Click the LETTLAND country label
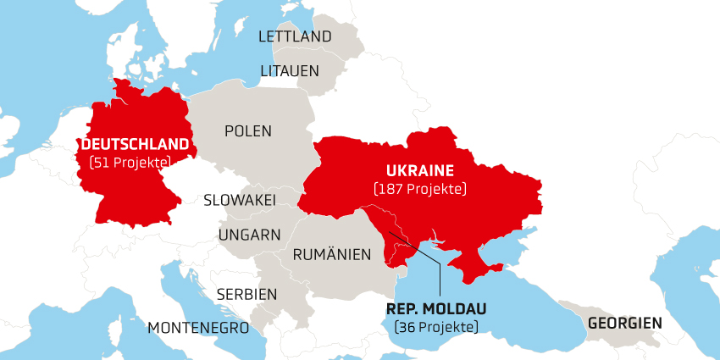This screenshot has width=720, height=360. (x=295, y=36)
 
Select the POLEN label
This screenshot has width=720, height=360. (x=248, y=131)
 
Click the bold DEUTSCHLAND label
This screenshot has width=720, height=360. (x=136, y=144)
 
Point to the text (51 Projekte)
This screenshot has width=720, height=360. (x=130, y=162)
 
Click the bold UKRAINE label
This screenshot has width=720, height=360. (x=420, y=169)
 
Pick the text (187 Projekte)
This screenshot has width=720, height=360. (x=419, y=188)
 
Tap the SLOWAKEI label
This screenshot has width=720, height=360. (x=240, y=201)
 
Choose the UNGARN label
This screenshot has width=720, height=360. (x=249, y=235)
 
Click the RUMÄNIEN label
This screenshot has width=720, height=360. (x=332, y=254)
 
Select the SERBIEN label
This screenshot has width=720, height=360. (x=246, y=294)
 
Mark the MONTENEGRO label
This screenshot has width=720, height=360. (x=198, y=327)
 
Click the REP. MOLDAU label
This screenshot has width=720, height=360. (x=436, y=308)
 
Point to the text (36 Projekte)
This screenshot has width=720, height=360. (x=436, y=327)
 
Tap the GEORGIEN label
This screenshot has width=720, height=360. (x=625, y=324)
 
